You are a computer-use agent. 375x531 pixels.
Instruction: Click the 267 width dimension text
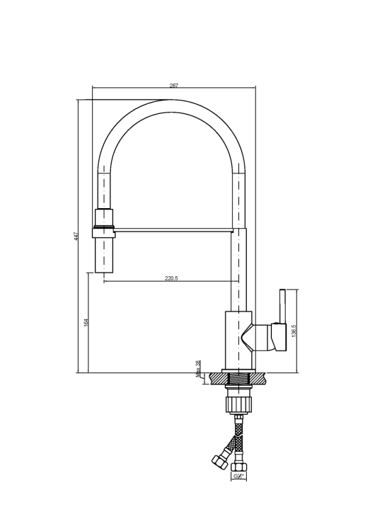tap(174, 86)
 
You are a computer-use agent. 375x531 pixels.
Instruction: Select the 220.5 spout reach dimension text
tap(171, 278)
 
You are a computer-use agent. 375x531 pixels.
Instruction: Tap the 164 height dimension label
tap(86, 322)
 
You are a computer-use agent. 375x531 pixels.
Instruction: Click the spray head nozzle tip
tap(103, 269)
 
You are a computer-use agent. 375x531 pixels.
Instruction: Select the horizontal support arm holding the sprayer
tap(173, 229)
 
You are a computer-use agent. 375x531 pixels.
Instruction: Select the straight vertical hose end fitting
tap(238, 466)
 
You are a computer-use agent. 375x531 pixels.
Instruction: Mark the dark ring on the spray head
tap(103, 227)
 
